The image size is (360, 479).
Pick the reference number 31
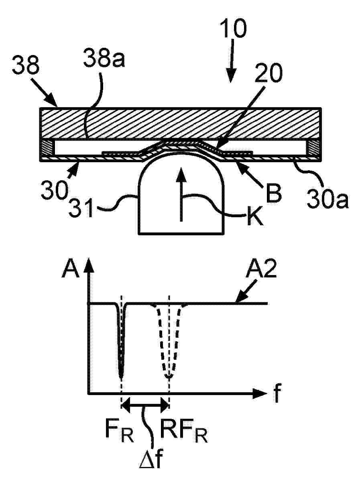coord(81,207)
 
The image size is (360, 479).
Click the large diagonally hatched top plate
coord(180,124)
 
